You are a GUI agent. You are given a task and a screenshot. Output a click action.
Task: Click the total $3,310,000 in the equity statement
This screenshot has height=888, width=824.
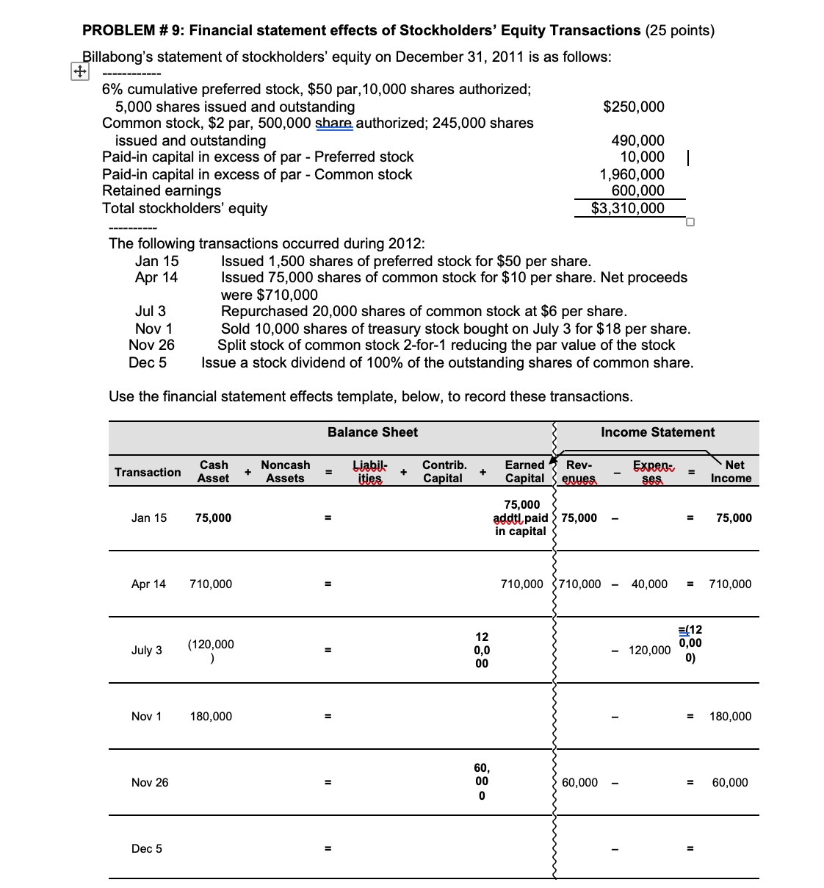pyautogui.click(x=628, y=208)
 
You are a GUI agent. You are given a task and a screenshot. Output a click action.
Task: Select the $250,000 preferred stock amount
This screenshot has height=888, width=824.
pyautogui.click(x=633, y=107)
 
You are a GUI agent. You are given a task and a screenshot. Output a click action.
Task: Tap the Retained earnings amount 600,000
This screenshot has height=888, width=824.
pyautogui.click(x=637, y=191)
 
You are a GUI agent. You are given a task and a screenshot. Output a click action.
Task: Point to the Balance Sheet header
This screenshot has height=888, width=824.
pyautogui.click(x=372, y=432)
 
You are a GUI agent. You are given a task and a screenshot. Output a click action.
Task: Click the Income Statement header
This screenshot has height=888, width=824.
pyautogui.click(x=657, y=432)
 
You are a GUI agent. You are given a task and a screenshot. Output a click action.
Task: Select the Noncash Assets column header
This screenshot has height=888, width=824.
pyautogui.click(x=286, y=471)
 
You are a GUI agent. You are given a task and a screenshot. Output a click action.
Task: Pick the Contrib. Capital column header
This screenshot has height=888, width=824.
pyautogui.click(x=444, y=471)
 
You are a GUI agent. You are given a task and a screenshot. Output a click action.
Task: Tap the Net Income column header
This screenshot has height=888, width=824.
pyautogui.click(x=731, y=471)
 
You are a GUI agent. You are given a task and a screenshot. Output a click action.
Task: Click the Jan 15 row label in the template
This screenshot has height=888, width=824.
pyautogui.click(x=149, y=518)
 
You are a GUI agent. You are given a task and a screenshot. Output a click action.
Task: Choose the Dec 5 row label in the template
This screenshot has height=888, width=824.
pyautogui.click(x=147, y=848)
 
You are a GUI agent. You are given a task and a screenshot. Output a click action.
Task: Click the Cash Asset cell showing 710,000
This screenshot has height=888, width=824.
pyautogui.click(x=211, y=584)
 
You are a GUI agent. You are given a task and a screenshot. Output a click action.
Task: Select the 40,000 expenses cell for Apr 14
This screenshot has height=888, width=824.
pyautogui.click(x=649, y=584)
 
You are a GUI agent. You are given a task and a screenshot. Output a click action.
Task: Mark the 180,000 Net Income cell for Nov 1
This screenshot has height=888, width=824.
pyautogui.click(x=730, y=716)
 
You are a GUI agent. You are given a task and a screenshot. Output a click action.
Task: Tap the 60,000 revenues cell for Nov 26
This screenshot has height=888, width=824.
pyautogui.click(x=579, y=782)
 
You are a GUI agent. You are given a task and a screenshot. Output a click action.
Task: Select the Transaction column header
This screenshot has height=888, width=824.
pyautogui.click(x=148, y=472)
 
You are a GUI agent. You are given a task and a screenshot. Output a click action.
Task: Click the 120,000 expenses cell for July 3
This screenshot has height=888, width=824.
pyautogui.click(x=649, y=650)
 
